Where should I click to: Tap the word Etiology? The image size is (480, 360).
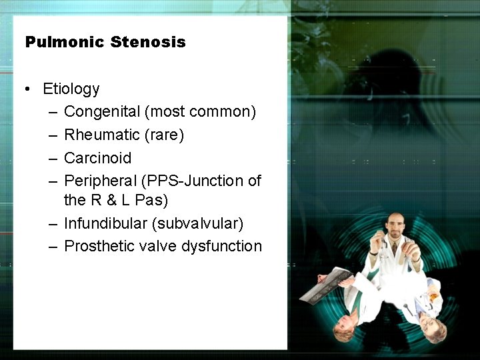pyautogui.click(x=71, y=89)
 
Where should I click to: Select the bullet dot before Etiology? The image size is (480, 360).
pyautogui.click(x=27, y=89)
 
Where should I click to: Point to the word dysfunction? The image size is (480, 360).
pyautogui.click(x=223, y=246)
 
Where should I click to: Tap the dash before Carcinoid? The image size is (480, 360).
pyautogui.click(x=53, y=159)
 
